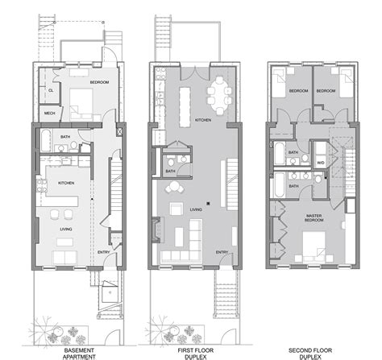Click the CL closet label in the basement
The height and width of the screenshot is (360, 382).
tap(49, 91)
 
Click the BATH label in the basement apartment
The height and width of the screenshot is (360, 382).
tap(66, 138)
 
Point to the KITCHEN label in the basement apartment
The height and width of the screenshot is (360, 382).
tap(66, 184)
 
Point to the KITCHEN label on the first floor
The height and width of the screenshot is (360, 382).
tap(203, 120)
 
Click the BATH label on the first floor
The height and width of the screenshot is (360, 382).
tap(171, 171)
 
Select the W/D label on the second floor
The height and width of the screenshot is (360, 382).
tap(320, 162)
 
